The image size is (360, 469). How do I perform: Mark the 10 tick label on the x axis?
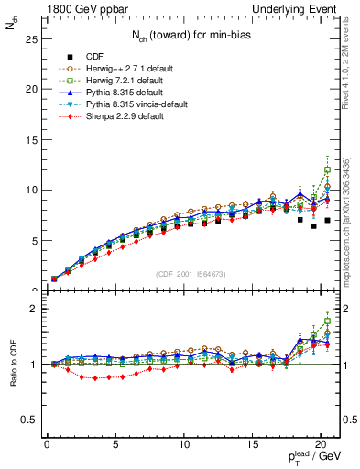183,450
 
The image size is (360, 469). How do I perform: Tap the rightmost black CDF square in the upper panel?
327,220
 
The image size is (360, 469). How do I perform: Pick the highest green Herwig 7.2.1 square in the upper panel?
327,169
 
